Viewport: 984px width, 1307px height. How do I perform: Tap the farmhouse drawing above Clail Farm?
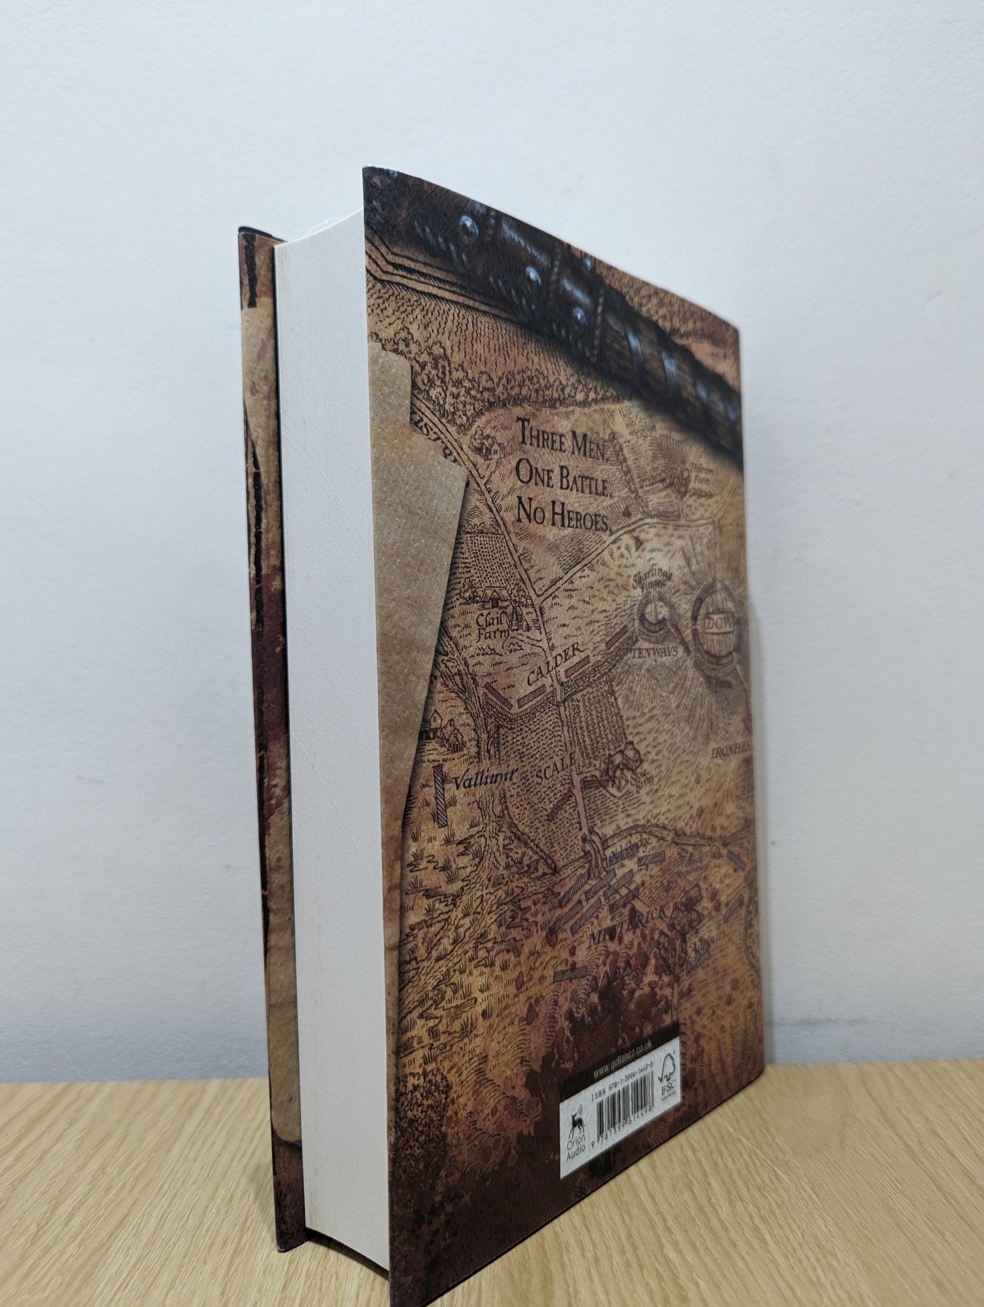[495, 597]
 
